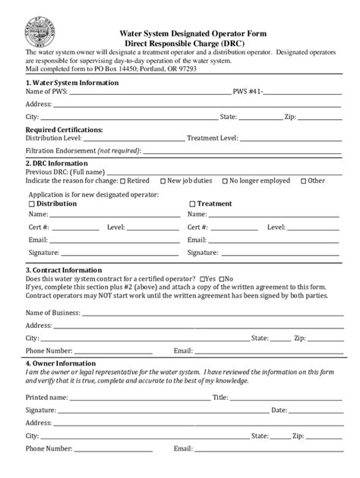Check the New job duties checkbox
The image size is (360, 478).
tap(163, 181)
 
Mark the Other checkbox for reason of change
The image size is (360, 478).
tap(304, 181)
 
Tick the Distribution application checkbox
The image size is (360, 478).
tap(30, 204)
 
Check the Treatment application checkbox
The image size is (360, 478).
tap(191, 204)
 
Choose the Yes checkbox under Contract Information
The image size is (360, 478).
tap(203, 278)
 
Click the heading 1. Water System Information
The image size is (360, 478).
tap(72, 83)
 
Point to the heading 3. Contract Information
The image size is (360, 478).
tap(64, 270)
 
